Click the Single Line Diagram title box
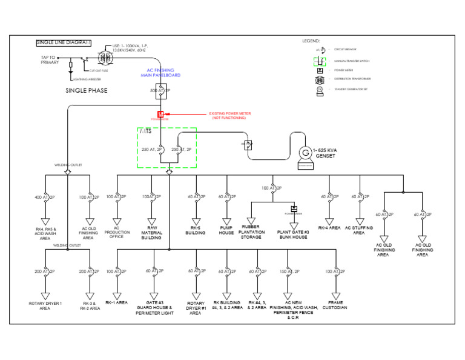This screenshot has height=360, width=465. click(64, 42)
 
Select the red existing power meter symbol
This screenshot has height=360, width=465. click(161, 114)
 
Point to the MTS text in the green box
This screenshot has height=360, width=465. click(146, 132)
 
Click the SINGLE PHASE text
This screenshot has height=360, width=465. click(87, 90)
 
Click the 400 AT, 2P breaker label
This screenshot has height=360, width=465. click(45, 197)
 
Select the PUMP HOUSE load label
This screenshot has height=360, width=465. click(226, 231)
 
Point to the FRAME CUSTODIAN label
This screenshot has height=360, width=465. click(334, 305)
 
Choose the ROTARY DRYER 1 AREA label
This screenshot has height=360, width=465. click(45, 305)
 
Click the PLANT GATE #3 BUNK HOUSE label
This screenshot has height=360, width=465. click(293, 234)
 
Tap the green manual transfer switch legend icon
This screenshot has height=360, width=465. click(320, 61)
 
